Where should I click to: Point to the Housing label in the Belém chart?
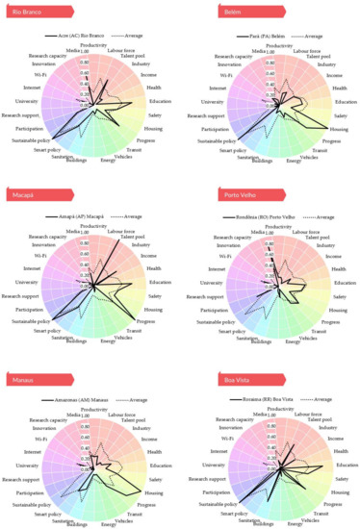tap(338, 128)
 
